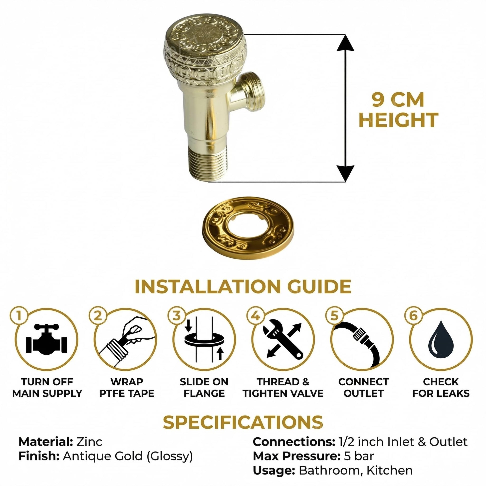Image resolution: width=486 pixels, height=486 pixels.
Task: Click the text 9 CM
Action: tap(398, 100)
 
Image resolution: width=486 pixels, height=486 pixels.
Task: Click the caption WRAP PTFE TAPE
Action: tap(127, 387)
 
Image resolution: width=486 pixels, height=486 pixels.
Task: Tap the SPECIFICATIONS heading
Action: tap(243, 422)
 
